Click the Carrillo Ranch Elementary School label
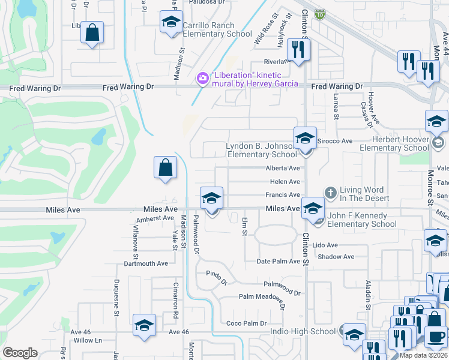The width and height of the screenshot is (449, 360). coord(217,30)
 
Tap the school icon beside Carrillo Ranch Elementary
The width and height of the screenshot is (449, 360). coord(171,23)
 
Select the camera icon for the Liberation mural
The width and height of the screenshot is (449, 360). coord(202,79)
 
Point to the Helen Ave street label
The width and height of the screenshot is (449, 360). coord(285,182)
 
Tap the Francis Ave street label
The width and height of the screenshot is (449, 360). coord(283,195)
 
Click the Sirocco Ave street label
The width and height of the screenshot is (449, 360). coord(335,140)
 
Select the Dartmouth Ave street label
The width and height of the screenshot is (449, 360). coord(146,263)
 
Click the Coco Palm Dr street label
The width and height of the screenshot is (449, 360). coord(246,323)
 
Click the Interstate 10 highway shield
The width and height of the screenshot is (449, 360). coord(321,14)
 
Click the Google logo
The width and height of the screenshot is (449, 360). coord(20,353)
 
